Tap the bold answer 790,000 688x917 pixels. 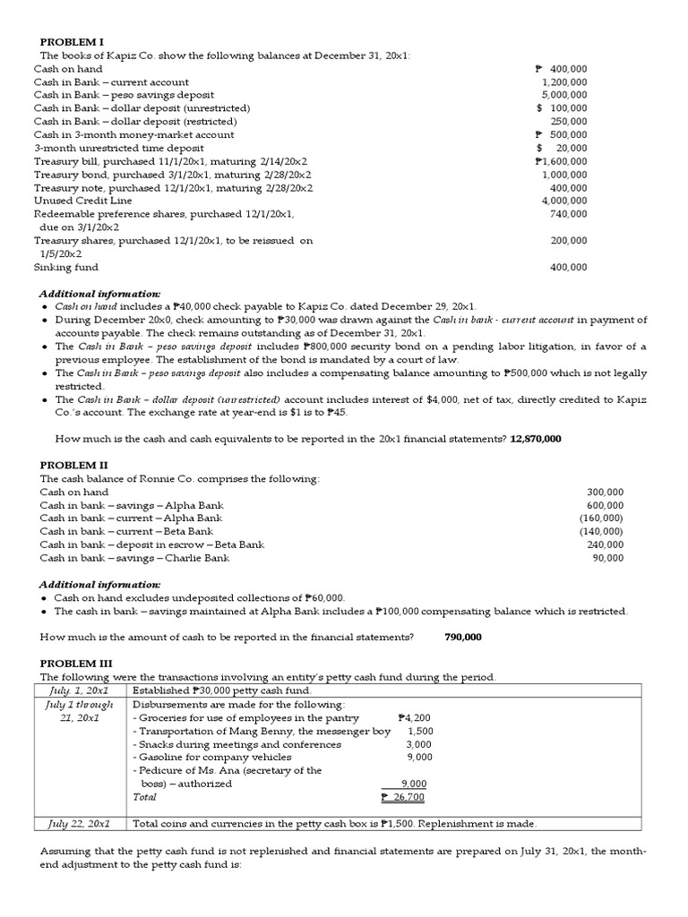coord(462,637)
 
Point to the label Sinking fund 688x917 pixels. coord(66,267)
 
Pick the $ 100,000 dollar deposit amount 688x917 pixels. coord(562,108)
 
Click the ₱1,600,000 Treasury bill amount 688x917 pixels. coord(561,161)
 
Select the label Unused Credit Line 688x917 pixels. coord(82,201)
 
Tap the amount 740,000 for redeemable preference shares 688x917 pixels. coord(569,214)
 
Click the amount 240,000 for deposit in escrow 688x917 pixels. coord(606,544)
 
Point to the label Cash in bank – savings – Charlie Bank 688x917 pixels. coord(134,558)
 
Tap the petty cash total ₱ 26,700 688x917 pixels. coord(402,796)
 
